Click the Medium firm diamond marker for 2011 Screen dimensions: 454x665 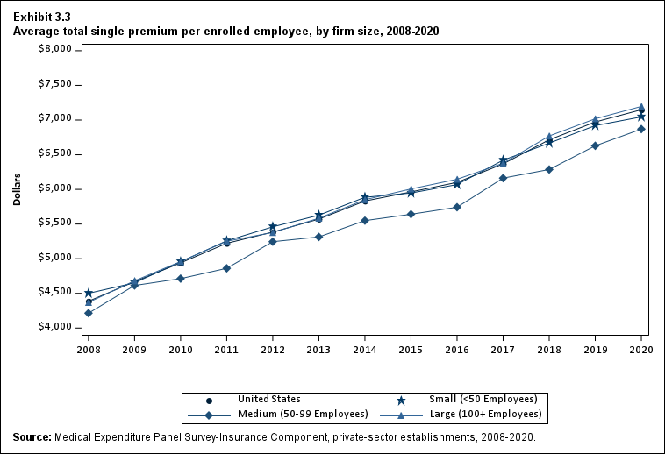[x=227, y=268]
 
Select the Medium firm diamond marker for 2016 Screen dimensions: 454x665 [x=457, y=207]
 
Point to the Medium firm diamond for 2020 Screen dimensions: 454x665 [x=641, y=129]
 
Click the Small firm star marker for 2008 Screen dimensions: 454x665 [x=89, y=293]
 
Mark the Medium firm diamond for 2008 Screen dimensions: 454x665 [x=89, y=313]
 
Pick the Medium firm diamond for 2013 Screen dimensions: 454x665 [x=318, y=237]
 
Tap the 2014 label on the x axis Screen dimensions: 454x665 [x=365, y=349]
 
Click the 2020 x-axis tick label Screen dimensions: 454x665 [x=641, y=349]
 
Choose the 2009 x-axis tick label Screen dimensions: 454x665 [x=134, y=349]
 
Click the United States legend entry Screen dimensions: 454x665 [x=263, y=400]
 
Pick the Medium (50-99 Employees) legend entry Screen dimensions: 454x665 [x=281, y=414]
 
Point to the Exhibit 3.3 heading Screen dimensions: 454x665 [x=42, y=17]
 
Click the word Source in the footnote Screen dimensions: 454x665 [x=32, y=436]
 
